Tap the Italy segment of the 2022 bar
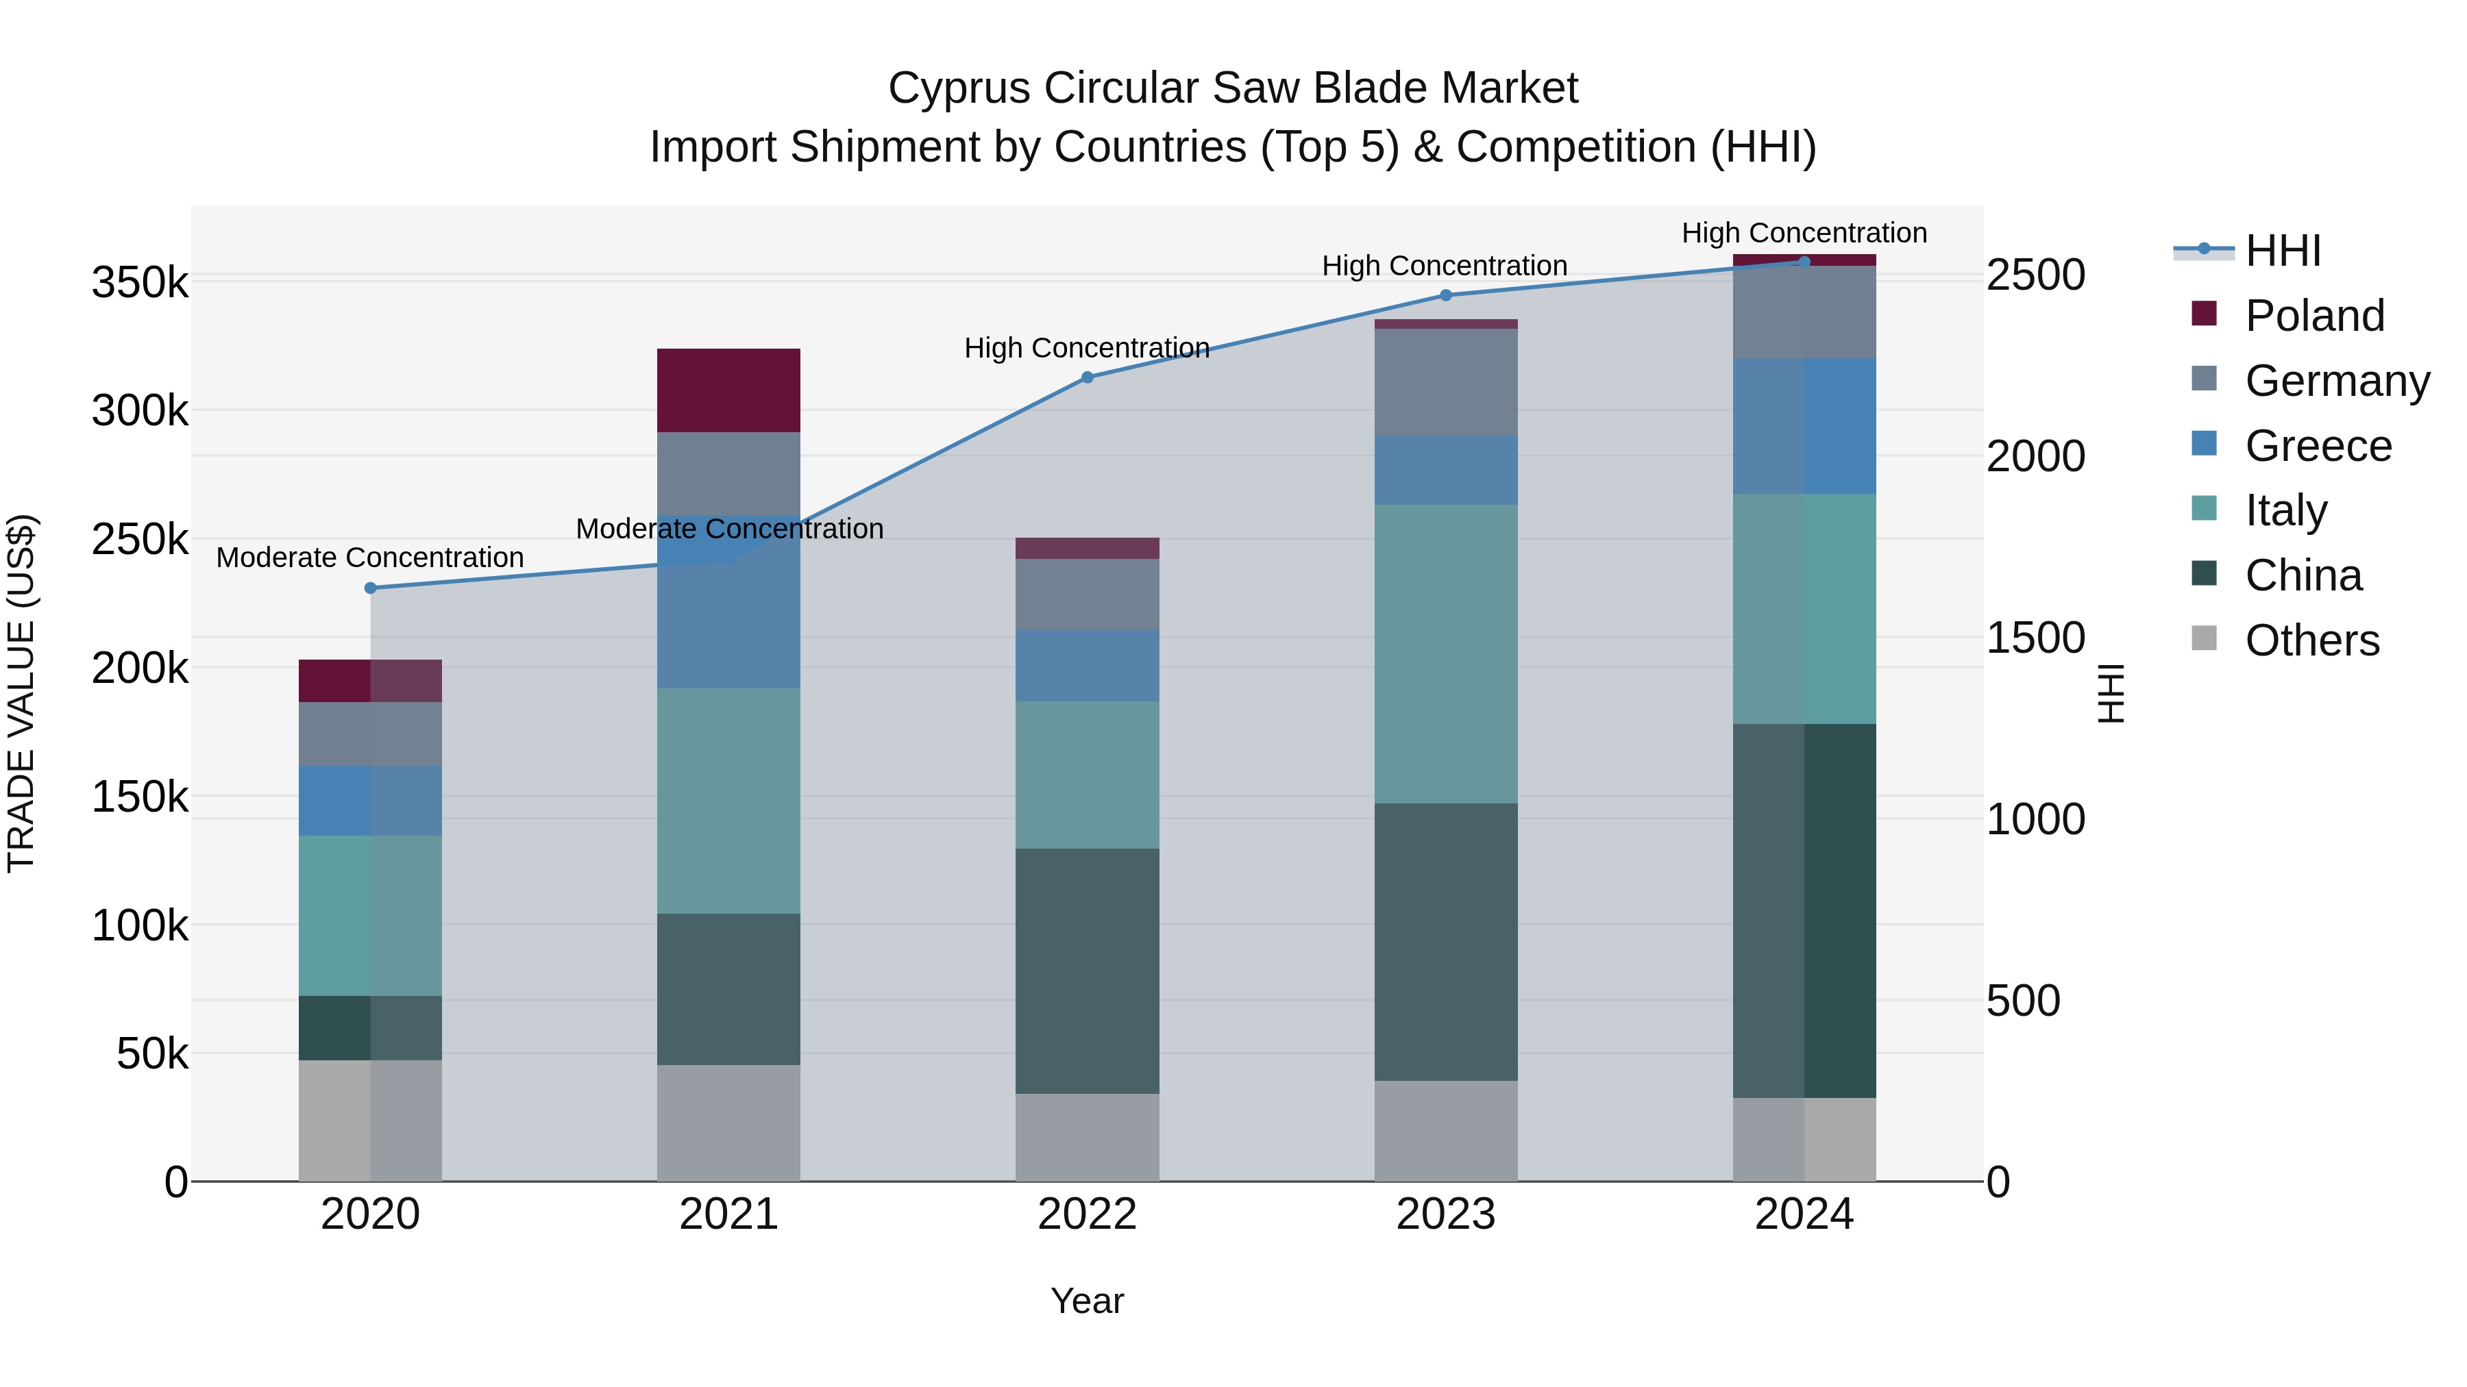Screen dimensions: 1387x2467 pyautogui.click(x=1087, y=775)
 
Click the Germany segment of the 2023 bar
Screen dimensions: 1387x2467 pyautogui.click(x=1445, y=382)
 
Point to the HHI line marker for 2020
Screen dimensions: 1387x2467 pyautogui.click(x=371, y=588)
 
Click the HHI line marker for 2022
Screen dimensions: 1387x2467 pyautogui.click(x=1087, y=377)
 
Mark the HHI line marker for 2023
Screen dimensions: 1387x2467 pyautogui.click(x=1445, y=295)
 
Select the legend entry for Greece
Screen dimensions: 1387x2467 pyautogui.click(x=2318, y=446)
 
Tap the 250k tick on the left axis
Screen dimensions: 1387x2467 pyautogui.click(x=140, y=540)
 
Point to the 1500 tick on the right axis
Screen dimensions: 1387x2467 pyautogui.click(x=2035, y=638)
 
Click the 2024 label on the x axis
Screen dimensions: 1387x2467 pyautogui.click(x=1804, y=1214)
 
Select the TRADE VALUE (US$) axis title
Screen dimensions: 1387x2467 pyautogui.click(x=21, y=693)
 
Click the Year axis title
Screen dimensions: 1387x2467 pyautogui.click(x=1087, y=1301)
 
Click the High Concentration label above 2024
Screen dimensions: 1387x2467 pyautogui.click(x=1804, y=233)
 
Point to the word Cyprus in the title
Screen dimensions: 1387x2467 pyautogui.click(x=959, y=88)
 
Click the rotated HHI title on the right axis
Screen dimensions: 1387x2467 pyautogui.click(x=2110, y=693)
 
